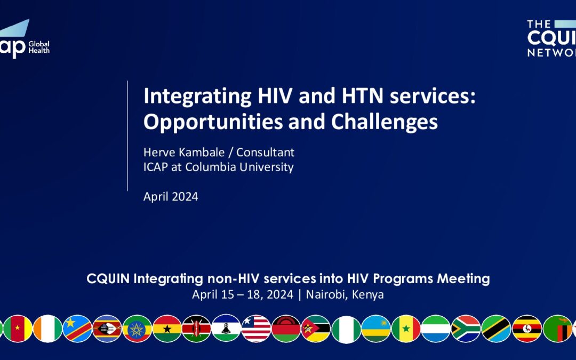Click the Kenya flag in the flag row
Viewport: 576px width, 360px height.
point(196,329)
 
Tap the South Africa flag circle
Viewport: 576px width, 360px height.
point(466,329)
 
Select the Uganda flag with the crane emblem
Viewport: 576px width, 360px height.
point(527,329)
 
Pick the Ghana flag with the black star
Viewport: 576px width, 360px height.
point(167,329)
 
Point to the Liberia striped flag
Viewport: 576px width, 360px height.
point(257,329)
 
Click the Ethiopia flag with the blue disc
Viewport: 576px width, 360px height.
point(137,329)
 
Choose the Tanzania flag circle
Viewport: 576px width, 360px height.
point(497,329)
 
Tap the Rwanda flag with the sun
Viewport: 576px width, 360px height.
point(376,329)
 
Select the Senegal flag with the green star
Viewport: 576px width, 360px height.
point(406,329)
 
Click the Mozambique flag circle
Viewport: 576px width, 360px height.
point(316,329)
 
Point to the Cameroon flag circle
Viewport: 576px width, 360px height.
point(18,329)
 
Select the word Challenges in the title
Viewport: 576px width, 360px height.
point(384,122)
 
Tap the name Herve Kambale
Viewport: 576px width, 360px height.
point(183,152)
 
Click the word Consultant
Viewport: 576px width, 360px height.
point(265,152)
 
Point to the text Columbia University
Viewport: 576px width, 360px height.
point(239,167)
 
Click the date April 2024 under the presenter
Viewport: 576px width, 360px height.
point(171,196)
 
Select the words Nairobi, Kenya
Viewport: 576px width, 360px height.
point(345,294)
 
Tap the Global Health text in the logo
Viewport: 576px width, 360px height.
point(39,47)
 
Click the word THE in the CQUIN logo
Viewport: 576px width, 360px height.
point(539,24)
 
